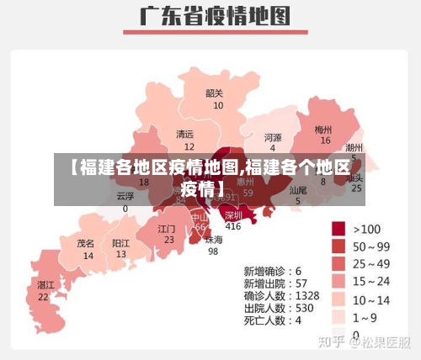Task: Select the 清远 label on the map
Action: [x=184, y=134]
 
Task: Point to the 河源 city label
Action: [x=273, y=136]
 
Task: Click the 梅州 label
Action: [x=323, y=130]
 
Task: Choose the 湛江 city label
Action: [x=45, y=285]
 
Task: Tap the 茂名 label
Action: [x=86, y=242]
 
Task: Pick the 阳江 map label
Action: [x=121, y=242]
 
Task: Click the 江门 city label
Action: [x=167, y=228]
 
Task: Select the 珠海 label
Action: [x=215, y=239]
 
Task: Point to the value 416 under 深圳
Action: [x=233, y=226]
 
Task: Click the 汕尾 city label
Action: [x=298, y=190]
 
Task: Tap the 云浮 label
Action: [x=125, y=196]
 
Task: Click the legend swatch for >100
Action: [x=338, y=228]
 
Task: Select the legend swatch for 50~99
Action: [x=338, y=246]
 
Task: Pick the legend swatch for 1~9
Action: [x=338, y=317]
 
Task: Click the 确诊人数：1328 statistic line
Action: [x=281, y=295]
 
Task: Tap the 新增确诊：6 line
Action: [x=273, y=272]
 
